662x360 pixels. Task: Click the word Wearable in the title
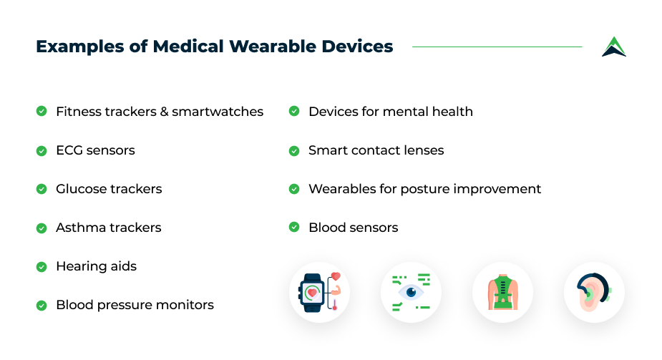pos(273,47)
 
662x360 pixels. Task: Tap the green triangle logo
pos(614,47)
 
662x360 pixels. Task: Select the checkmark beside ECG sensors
pos(42,151)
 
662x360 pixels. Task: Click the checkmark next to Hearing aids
pos(42,267)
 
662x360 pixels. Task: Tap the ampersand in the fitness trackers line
pos(164,112)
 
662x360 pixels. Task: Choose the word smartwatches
pos(218,112)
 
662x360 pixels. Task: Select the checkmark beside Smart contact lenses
pos(294,151)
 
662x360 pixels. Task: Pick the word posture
pos(424,190)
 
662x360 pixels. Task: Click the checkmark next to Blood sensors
pos(294,227)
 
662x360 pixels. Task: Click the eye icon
pos(411,292)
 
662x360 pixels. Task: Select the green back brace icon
pos(502,292)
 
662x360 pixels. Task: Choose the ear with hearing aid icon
pos(593,292)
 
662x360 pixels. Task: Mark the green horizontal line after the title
pos(497,47)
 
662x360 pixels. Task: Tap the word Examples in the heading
pos(80,47)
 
